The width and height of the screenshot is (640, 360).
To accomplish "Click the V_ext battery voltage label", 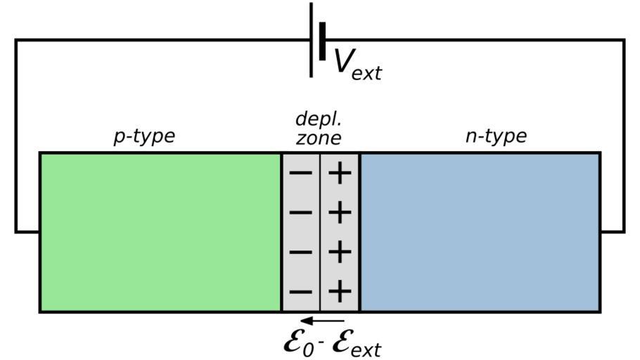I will tap(357, 63).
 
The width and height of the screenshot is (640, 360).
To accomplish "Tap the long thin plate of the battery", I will tap(312, 39).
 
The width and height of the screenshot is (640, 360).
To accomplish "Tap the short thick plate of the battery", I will tap(322, 41).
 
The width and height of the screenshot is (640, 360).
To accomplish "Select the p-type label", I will tap(143, 136).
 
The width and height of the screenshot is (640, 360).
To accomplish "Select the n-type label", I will tap(495, 136).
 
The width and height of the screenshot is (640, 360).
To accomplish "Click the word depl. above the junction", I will tap(318, 119).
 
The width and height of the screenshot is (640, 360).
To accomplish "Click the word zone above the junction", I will tap(318, 138).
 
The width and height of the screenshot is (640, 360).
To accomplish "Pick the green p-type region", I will tap(160, 232).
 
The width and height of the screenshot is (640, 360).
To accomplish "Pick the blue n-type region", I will tap(480, 232).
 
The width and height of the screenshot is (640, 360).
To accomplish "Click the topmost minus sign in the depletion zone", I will tap(301, 173).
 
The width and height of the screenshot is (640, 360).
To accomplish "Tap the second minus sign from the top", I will tap(301, 212).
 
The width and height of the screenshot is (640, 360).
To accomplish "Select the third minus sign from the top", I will tap(301, 252).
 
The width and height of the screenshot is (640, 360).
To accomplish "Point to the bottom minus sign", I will tap(301, 291).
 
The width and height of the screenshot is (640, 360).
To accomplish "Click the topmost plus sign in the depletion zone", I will tap(340, 173).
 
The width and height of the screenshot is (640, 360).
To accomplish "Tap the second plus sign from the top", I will tap(340, 212).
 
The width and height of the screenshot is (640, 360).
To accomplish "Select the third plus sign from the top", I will tap(340, 252).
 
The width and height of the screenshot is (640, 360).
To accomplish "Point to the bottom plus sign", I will tap(340, 291).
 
